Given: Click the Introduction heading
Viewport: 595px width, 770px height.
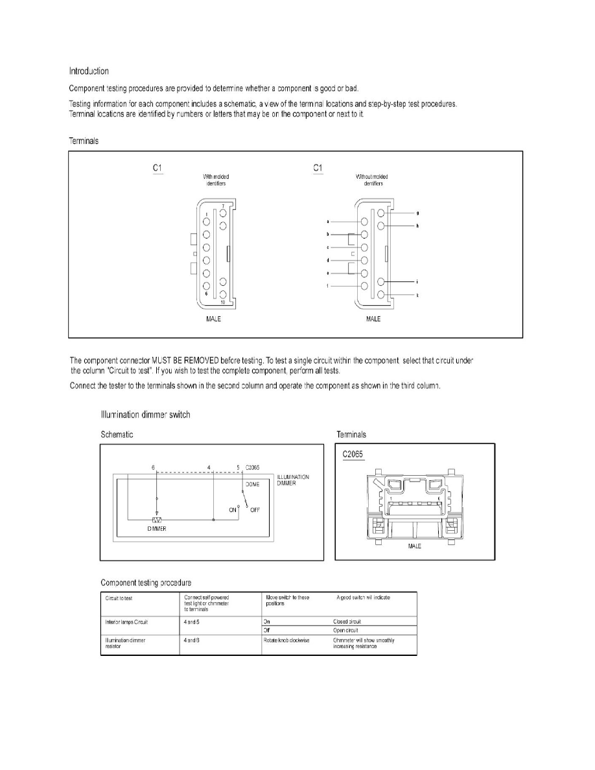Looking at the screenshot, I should [89, 71].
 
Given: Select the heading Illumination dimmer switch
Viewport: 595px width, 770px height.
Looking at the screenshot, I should [145, 415].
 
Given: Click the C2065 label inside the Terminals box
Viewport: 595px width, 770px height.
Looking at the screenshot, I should [355, 454].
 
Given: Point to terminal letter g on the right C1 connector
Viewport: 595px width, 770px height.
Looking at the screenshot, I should [417, 213].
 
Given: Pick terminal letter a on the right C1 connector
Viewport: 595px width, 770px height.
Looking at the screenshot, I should [329, 222].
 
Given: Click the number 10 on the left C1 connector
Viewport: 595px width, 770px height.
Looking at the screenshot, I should [222, 302].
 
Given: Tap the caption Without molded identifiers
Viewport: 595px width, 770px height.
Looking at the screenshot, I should [372, 180].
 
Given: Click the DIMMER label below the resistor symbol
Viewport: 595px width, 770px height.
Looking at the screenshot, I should [157, 530].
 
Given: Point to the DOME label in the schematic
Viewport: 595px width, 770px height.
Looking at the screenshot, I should [251, 484].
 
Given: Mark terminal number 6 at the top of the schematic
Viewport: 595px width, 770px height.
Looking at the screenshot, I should [153, 467].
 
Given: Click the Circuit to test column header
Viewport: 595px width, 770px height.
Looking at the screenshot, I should [119, 597].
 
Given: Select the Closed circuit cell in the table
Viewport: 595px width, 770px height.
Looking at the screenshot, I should [347, 621].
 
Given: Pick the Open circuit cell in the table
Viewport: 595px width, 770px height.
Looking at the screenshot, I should [345, 630].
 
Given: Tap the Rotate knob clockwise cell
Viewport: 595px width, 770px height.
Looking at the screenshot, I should [286, 640].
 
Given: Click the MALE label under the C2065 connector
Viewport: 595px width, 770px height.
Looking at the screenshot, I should [414, 546].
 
